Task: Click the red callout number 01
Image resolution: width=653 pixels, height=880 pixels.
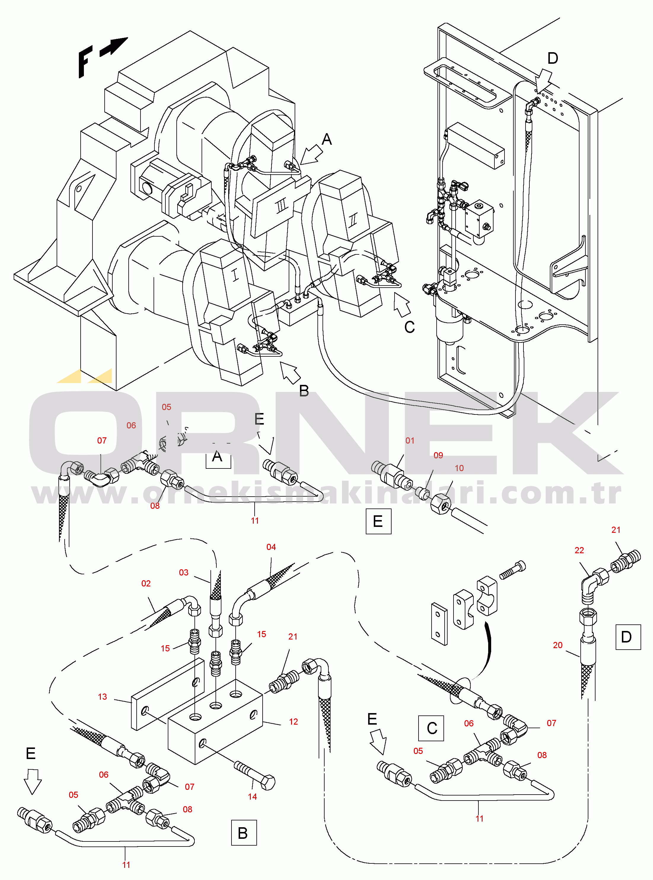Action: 410,440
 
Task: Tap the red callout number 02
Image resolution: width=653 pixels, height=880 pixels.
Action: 146,584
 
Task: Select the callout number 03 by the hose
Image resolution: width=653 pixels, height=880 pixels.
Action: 183,573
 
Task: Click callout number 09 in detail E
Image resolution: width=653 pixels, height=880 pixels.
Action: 438,455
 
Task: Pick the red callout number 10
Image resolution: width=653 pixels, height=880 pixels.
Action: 459,468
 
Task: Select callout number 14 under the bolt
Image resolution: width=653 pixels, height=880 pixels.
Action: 252,797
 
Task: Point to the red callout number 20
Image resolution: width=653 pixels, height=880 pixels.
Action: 557,645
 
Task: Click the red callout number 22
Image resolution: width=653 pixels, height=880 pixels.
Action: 579,550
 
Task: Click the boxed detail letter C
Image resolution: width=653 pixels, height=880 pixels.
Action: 431,728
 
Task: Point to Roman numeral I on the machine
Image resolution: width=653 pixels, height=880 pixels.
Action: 235,274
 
